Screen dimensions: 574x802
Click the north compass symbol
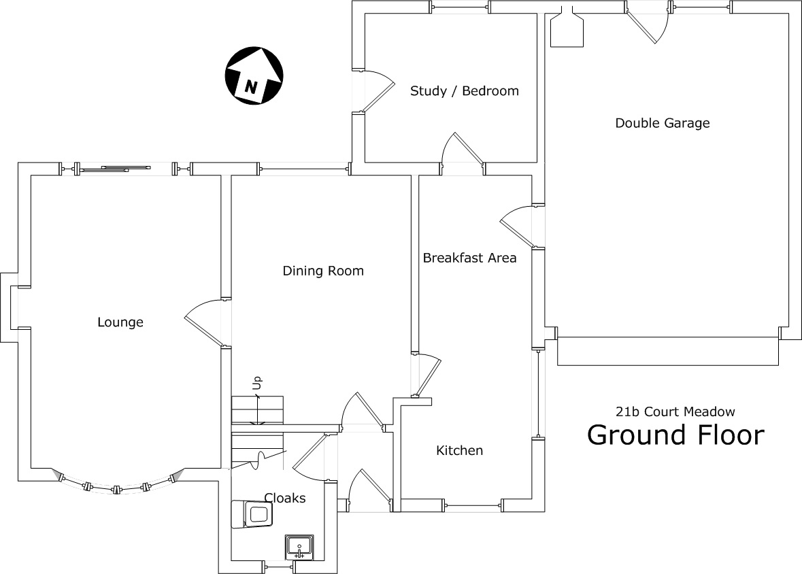pyautogui.click(x=254, y=75)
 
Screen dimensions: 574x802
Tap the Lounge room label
pyautogui.click(x=120, y=322)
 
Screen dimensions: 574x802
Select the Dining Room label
pyautogui.click(x=323, y=271)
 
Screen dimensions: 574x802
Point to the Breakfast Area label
pyautogui.click(x=469, y=258)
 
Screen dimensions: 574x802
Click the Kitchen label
pyautogui.click(x=459, y=450)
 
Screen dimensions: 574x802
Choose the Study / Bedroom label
pyautogui.click(x=464, y=90)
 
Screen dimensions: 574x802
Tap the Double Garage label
pyautogui.click(x=662, y=123)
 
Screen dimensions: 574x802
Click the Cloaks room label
pyautogui.click(x=284, y=498)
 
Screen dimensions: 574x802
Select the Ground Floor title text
pyautogui.click(x=675, y=435)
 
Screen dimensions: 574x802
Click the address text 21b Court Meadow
pyautogui.click(x=675, y=411)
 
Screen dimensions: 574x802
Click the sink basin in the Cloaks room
pyautogui.click(x=299, y=545)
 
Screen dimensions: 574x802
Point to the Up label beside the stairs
pyautogui.click(x=257, y=385)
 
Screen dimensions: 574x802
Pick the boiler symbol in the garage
pyautogui.click(x=567, y=30)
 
